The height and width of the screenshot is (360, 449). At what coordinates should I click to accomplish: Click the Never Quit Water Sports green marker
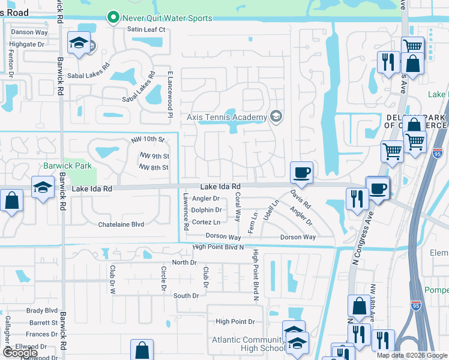tap(112, 18)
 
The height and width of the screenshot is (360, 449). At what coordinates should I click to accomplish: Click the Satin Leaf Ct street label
tap(145, 29)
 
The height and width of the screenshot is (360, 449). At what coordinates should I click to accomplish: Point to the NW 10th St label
tap(148, 140)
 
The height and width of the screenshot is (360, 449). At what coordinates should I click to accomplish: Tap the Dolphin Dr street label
tap(206, 210)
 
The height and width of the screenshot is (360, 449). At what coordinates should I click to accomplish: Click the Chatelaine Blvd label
tap(121, 224)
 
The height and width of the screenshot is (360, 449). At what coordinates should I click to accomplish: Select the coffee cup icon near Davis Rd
tap(301, 172)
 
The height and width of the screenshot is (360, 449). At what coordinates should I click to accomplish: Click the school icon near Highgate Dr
tap(79, 43)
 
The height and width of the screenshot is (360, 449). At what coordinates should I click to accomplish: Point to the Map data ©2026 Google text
tap(411, 355)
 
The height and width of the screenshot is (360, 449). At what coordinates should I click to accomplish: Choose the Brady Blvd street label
tap(42, 311)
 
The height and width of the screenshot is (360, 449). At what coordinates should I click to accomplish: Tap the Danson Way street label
tap(29, 32)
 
